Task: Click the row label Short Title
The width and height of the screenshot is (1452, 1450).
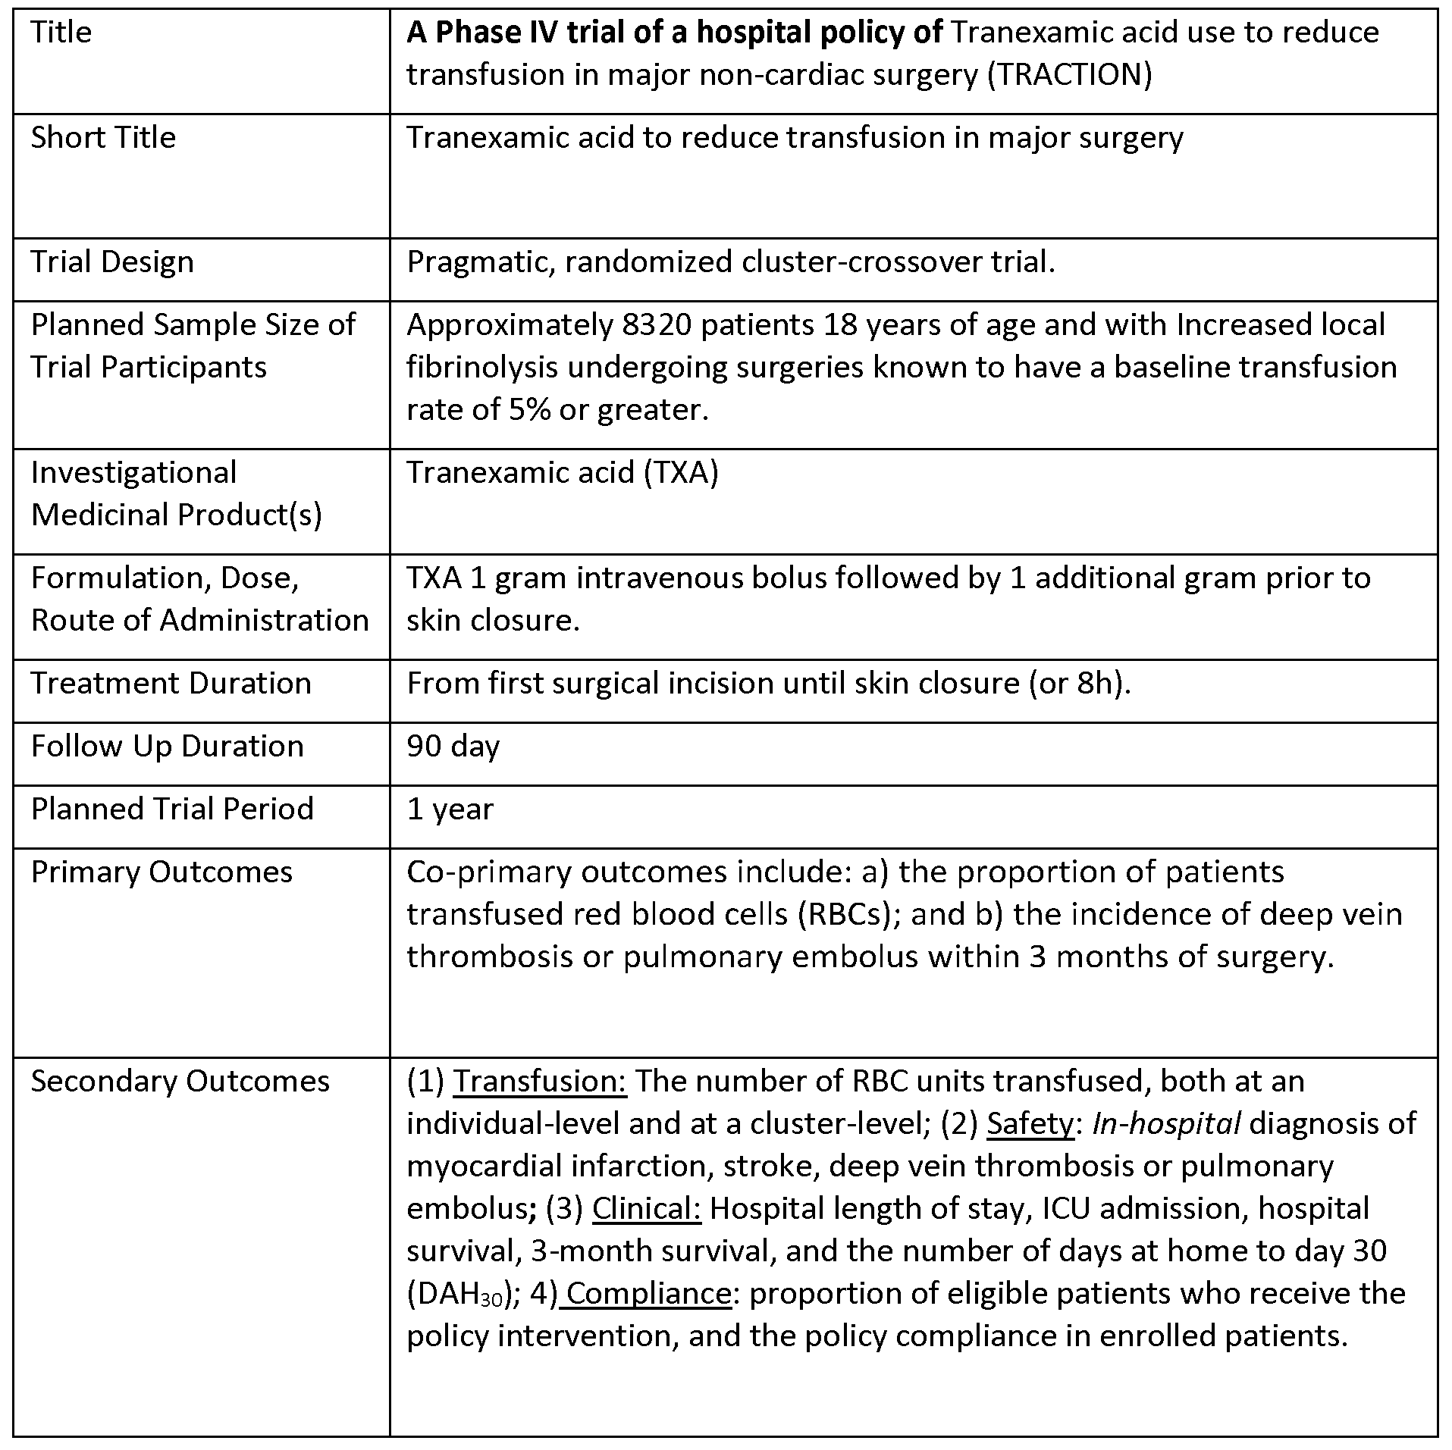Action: [103, 138]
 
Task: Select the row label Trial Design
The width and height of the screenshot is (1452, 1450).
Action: [112, 262]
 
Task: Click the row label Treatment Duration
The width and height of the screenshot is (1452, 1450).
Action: [171, 684]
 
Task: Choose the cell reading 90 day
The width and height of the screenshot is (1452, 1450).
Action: [453, 747]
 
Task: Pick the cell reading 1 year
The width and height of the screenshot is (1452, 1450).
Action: [450, 810]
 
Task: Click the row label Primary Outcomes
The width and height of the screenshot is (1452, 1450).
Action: [162, 872]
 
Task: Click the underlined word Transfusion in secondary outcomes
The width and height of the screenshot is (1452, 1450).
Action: [539, 1082]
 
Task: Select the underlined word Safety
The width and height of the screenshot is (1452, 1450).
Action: [1030, 1124]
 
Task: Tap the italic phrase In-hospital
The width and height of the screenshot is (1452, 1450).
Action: [1165, 1124]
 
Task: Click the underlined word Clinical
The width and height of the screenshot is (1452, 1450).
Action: [647, 1209]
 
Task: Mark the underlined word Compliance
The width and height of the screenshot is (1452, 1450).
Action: [648, 1294]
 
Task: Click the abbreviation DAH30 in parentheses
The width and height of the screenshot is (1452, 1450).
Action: [459, 1295]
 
